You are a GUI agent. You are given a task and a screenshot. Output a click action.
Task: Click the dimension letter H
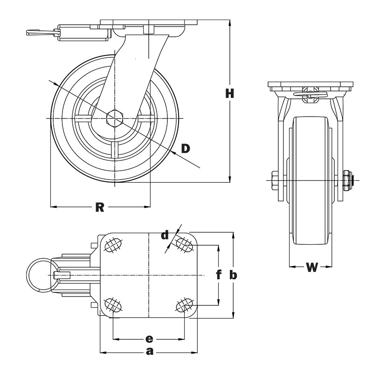229,93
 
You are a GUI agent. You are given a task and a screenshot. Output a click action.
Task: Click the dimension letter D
186,148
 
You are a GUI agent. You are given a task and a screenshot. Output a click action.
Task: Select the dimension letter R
99,207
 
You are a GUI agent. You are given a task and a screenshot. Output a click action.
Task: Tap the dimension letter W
311,267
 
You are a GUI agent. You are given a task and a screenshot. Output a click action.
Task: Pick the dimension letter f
218,275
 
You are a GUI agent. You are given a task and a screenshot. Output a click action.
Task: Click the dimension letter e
149,338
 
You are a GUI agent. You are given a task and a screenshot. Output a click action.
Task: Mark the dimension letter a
149,352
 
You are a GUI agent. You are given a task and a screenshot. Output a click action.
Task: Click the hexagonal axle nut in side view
114,118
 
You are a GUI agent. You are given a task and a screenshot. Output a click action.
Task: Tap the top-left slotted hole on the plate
113,245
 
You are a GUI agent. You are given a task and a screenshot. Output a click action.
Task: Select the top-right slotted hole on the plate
185,244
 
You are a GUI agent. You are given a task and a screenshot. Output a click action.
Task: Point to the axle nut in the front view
347,180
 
